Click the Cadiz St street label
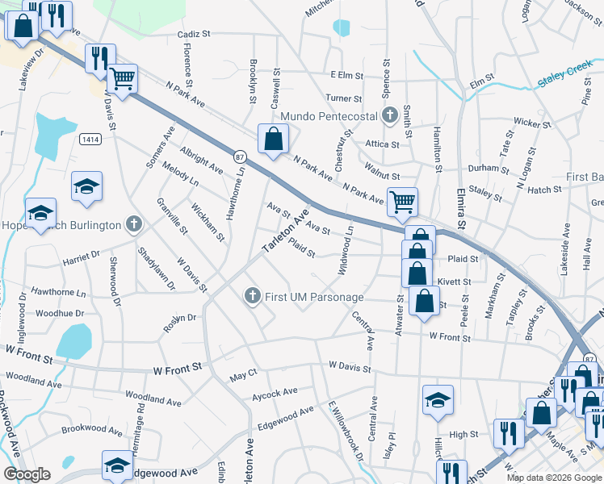[194, 35]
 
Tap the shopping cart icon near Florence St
[122, 79]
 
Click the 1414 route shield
[90, 140]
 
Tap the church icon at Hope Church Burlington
[135, 225]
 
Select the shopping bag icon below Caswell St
[274, 139]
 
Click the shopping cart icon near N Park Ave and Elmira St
[401, 202]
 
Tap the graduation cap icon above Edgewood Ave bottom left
[117, 465]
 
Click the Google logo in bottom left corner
[27, 474]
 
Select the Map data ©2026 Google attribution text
[554, 478]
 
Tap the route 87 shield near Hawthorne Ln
[240, 156]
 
